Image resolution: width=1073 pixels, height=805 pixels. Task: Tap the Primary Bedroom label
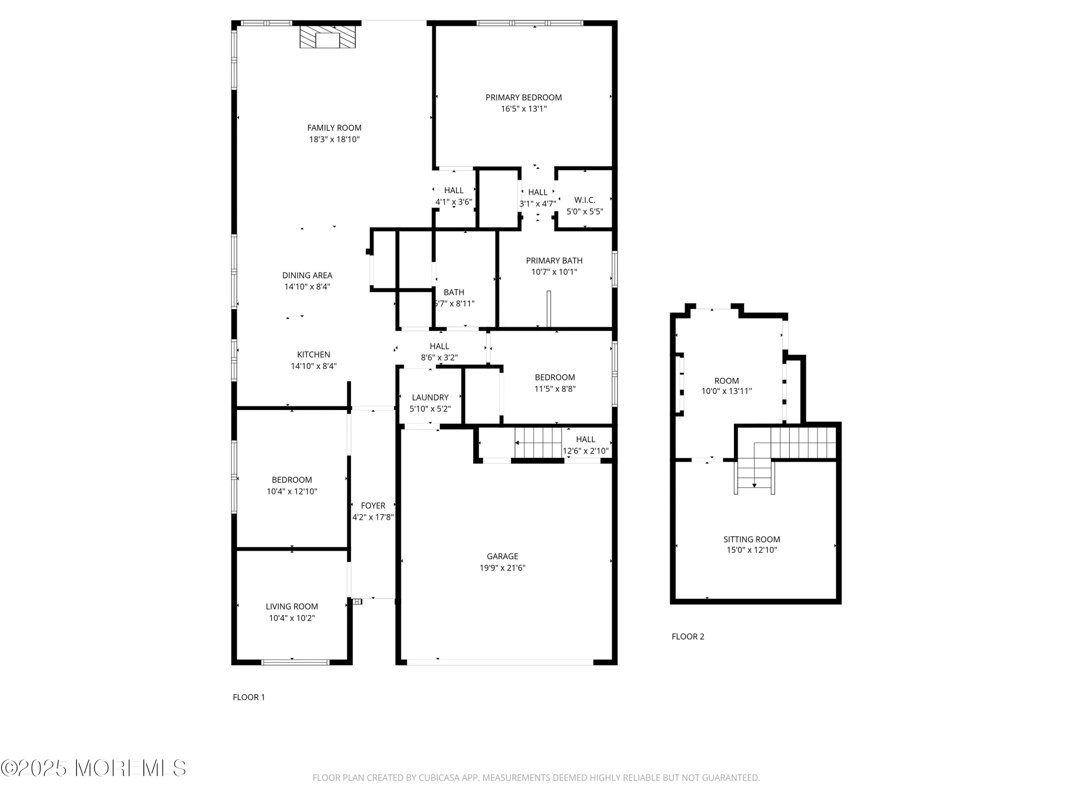point(524,98)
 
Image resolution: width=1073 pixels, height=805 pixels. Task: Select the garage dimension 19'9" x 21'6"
point(502,568)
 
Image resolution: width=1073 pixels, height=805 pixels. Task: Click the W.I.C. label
point(585,200)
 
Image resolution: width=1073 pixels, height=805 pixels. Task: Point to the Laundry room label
point(430,398)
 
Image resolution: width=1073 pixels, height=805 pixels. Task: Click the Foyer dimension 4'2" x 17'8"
point(373,517)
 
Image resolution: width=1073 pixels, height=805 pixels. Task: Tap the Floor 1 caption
point(249,697)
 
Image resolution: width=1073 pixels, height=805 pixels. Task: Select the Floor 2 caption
point(688,636)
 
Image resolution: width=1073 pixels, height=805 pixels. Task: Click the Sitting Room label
point(752,539)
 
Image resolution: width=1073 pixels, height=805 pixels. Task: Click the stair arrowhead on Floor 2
point(754,485)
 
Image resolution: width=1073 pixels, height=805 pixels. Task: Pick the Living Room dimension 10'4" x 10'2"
point(292,618)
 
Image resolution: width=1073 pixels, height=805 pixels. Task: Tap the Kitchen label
point(314,355)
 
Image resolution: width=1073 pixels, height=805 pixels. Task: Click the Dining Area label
point(307,275)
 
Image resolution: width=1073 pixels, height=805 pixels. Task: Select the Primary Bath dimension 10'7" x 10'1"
point(554,272)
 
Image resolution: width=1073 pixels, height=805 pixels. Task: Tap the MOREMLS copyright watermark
point(94,769)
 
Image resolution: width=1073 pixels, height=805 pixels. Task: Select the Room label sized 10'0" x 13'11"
point(726,381)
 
